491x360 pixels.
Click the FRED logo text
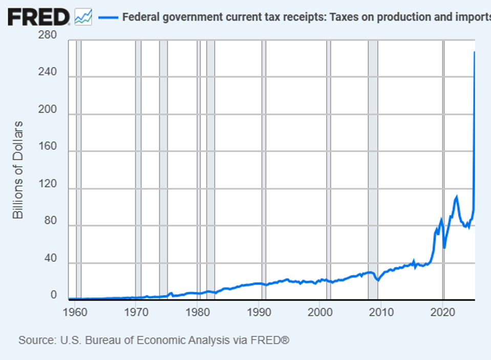tap(38, 17)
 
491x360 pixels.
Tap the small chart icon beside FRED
tap(83, 17)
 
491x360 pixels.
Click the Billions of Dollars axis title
tap(18, 170)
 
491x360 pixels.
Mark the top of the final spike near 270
tap(474, 52)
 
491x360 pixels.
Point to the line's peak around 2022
tap(456, 196)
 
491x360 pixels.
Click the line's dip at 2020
tap(444, 247)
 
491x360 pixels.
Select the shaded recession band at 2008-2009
tap(373, 169)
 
